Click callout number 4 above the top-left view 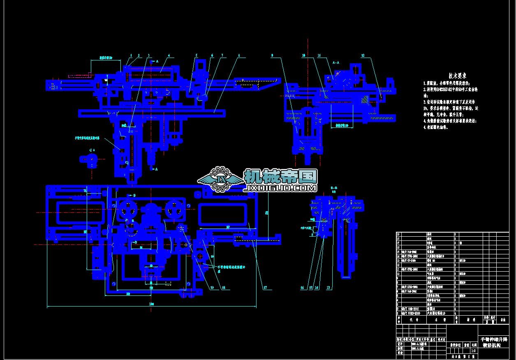169,55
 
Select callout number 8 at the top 239,55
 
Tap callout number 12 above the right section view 363,55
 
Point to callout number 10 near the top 303,55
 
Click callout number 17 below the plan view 266,288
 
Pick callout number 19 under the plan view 212,288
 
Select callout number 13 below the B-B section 329,288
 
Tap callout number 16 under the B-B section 302,288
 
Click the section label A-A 336,62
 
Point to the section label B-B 334,187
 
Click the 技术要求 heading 457,76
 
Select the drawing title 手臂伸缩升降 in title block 494,339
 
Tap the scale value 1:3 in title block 473,351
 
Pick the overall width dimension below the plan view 152,304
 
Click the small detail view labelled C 88,159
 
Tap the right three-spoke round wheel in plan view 174,210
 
